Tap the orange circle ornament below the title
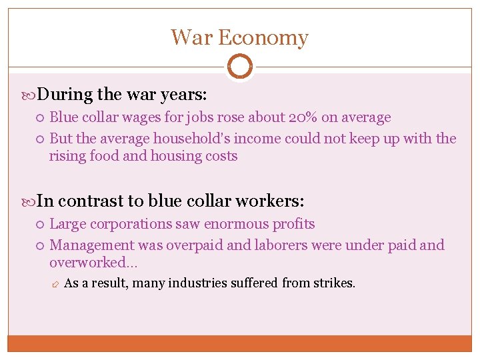click(240, 66)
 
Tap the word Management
click(91, 245)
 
